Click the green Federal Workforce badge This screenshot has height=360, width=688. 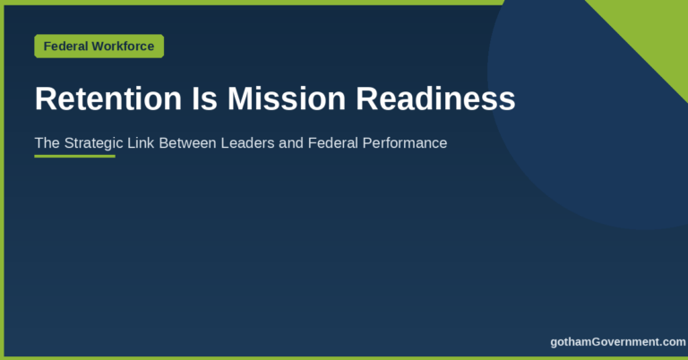[x=99, y=46]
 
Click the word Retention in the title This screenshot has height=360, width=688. [x=107, y=99]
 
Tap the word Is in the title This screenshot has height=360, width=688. [x=204, y=99]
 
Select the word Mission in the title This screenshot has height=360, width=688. [x=287, y=99]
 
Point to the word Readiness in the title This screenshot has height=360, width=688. [x=435, y=99]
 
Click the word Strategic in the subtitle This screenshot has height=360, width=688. [x=93, y=143]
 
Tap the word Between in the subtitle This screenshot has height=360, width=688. [x=187, y=143]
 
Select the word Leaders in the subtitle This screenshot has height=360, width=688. [x=247, y=143]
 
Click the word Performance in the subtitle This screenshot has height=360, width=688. [x=405, y=143]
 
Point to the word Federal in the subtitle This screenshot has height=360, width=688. [x=333, y=143]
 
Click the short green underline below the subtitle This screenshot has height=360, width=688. [x=74, y=156]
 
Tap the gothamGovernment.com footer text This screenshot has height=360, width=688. [x=618, y=342]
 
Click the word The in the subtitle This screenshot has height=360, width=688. [x=47, y=143]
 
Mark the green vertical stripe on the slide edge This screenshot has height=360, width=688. [x=2, y=180]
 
